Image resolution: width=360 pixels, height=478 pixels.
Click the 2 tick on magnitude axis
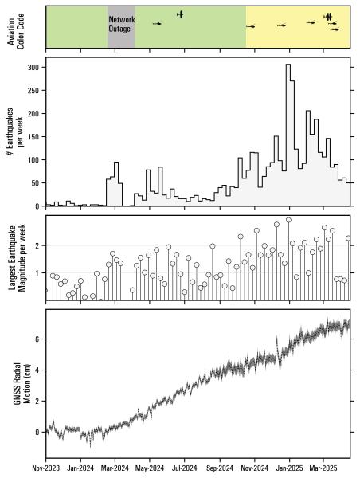[38, 245]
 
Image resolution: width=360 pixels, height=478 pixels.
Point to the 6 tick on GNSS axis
[38, 339]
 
